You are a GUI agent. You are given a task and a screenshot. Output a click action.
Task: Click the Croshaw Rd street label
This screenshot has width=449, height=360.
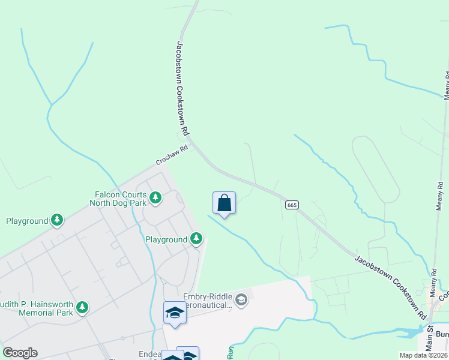click(172, 155)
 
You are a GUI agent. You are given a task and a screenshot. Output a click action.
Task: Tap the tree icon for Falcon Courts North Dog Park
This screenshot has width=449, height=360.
click(155, 197)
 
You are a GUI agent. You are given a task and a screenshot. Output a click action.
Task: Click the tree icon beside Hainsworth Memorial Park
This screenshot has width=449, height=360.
click(82, 308)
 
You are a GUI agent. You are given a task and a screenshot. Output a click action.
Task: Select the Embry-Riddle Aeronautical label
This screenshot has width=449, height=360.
click(208, 301)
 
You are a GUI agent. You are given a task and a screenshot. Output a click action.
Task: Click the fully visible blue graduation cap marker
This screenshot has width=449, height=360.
click(175, 313)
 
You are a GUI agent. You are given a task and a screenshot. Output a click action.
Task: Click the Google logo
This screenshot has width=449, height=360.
click(20, 352)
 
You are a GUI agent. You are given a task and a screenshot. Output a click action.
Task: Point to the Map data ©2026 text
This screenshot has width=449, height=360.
click(423, 355)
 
